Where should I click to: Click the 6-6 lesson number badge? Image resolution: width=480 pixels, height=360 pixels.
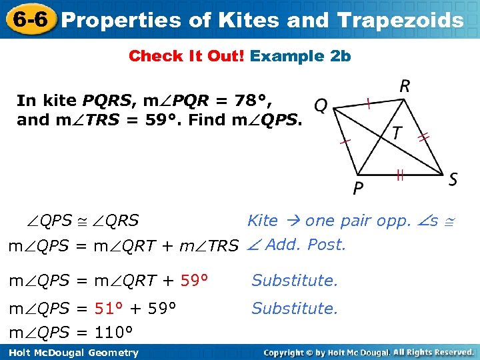[x=28, y=19]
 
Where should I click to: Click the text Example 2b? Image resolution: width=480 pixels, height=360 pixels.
[x=300, y=56]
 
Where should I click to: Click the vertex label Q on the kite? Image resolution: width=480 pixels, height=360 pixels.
[x=321, y=107]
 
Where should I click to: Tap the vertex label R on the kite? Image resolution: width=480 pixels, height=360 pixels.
[x=404, y=86]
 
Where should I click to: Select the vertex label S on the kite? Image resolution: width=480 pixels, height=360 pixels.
[x=453, y=179]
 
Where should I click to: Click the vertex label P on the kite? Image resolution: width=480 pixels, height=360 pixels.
[x=358, y=189]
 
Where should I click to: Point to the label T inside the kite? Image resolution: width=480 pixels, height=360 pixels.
[x=397, y=134]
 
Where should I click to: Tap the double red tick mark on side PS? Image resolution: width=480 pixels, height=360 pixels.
[x=400, y=176]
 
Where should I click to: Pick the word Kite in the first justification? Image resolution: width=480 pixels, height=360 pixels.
[x=263, y=221]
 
